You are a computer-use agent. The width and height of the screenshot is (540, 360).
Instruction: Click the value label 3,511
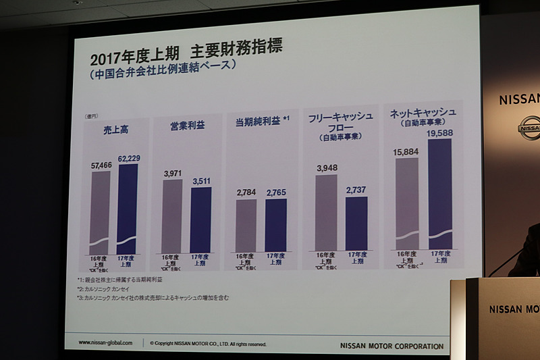coord(201,180)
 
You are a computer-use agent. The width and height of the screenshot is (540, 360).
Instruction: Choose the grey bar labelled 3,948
coord(326,212)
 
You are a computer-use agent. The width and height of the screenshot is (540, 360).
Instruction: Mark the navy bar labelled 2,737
coord(356,224)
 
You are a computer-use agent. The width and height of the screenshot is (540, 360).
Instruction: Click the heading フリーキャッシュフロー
coord(340,122)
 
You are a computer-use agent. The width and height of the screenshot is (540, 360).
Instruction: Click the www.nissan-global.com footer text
coord(105,342)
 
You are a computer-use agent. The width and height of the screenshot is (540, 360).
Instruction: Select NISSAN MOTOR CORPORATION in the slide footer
coord(391,346)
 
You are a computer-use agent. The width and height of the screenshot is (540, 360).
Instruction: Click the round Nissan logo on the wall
coord(530,128)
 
